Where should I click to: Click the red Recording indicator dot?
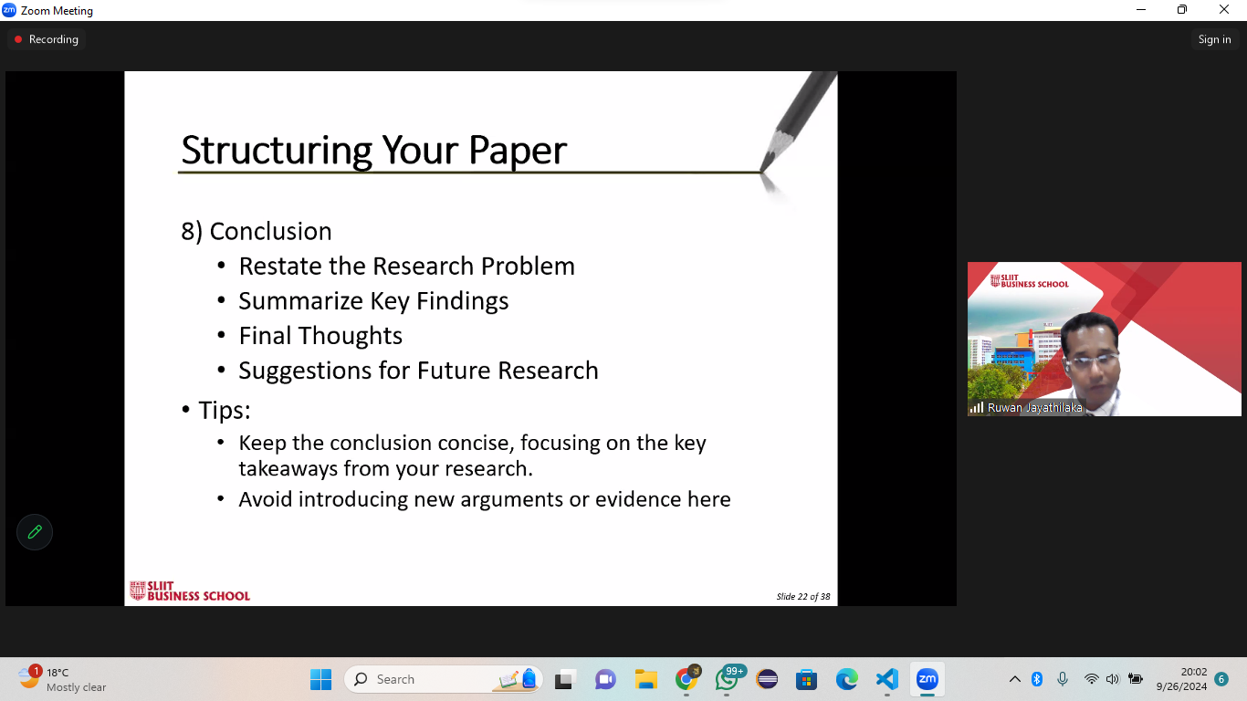(18, 39)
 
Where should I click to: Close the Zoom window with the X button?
(1223, 9)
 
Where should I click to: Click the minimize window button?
(1141, 9)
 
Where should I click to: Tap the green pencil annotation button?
(35, 532)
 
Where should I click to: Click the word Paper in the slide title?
(518, 151)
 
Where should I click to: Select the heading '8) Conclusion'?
(257, 232)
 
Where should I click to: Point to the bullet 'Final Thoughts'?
(320, 336)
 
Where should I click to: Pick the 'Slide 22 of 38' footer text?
(802, 596)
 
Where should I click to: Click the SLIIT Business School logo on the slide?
(190, 591)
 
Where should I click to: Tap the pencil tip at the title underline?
(761, 171)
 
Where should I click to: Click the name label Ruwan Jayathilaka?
(1034, 408)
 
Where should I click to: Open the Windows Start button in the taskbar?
(320, 679)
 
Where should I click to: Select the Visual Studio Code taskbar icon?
(886, 679)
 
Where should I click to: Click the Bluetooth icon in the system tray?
(1036, 679)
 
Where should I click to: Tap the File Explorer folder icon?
(645, 679)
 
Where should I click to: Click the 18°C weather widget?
(61, 679)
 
